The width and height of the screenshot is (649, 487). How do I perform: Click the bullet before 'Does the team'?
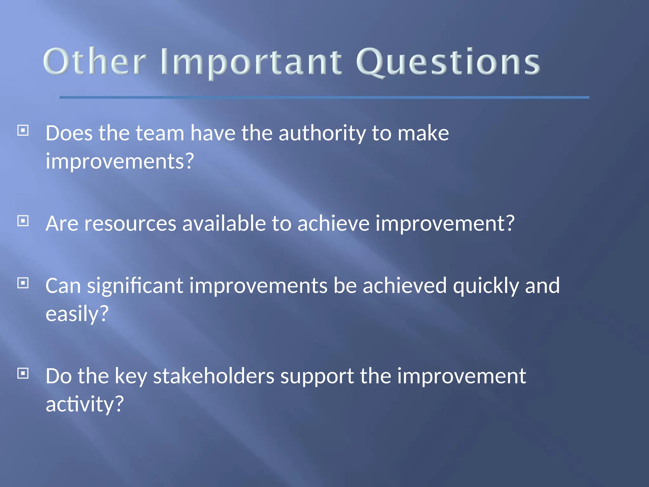point(23,130)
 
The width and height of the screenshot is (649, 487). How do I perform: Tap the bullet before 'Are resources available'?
point(23,221)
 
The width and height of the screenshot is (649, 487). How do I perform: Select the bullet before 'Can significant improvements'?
point(23,283)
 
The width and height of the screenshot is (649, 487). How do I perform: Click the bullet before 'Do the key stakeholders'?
point(23,373)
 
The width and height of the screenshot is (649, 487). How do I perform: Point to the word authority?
point(322,133)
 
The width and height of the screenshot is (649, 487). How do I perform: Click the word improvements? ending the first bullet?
point(119,161)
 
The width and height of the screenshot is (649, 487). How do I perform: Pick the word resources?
point(130,224)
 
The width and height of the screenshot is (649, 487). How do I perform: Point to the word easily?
point(77,314)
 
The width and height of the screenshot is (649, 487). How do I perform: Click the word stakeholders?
point(214,376)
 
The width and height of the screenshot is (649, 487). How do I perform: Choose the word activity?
point(84,405)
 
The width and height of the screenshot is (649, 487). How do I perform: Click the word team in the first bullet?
point(160,133)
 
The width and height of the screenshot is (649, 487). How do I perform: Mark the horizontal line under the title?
point(324,97)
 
